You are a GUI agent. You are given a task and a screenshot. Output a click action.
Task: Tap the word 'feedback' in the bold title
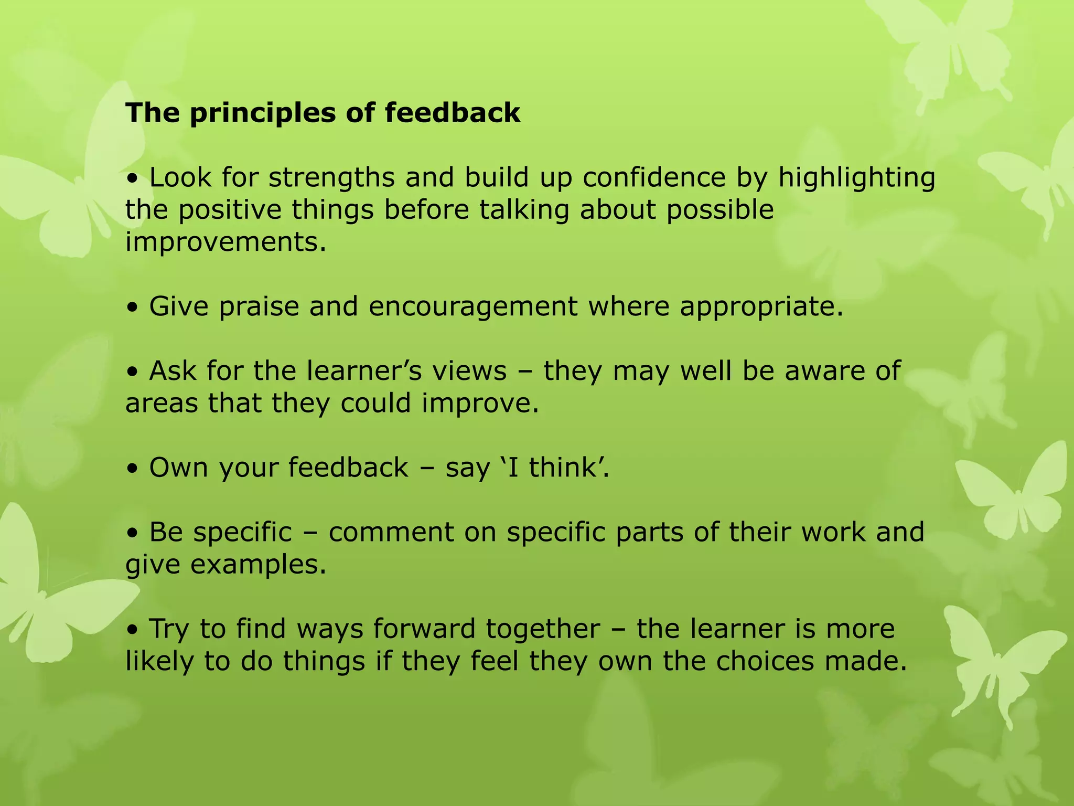click(x=453, y=113)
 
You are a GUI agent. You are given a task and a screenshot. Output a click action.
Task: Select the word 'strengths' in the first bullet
click(x=331, y=177)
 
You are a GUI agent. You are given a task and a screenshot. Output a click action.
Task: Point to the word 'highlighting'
click(x=856, y=178)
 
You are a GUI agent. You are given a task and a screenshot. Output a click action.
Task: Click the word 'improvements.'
click(x=225, y=242)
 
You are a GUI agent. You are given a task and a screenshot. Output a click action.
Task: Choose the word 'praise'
click(x=259, y=307)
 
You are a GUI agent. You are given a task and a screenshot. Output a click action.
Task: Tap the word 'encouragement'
click(x=473, y=307)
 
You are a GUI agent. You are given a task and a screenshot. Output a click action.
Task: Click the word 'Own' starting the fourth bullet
click(x=178, y=468)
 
